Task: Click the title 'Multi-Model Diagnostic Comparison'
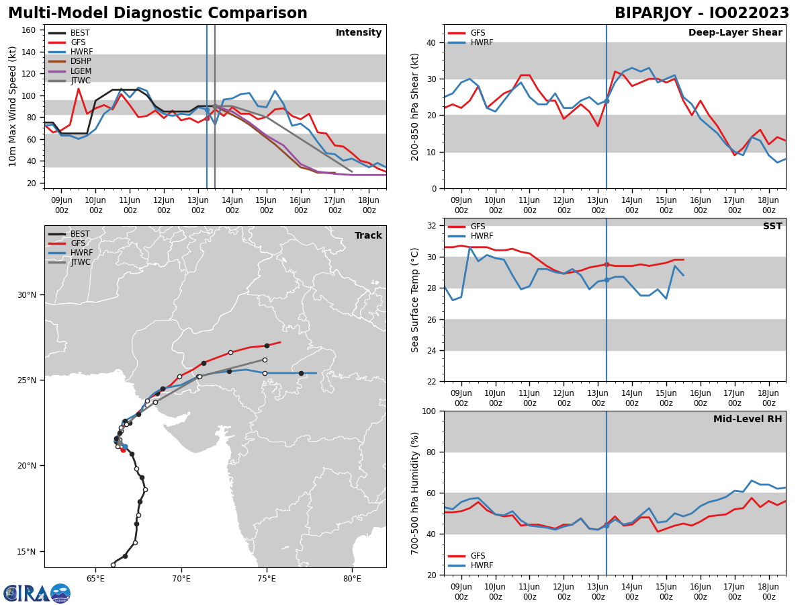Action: click(x=158, y=13)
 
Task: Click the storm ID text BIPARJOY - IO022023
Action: click(x=702, y=13)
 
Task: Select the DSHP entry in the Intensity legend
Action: click(x=81, y=61)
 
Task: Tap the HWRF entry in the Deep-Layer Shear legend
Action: click(x=481, y=42)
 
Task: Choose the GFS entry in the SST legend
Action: click(x=478, y=227)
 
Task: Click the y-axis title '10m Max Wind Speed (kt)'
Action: click(x=13, y=106)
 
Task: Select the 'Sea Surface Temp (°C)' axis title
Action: click(x=416, y=300)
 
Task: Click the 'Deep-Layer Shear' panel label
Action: click(x=735, y=33)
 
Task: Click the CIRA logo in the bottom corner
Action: click(x=37, y=593)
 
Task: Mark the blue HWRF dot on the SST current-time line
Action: click(x=607, y=280)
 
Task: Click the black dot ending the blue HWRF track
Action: click(x=301, y=373)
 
